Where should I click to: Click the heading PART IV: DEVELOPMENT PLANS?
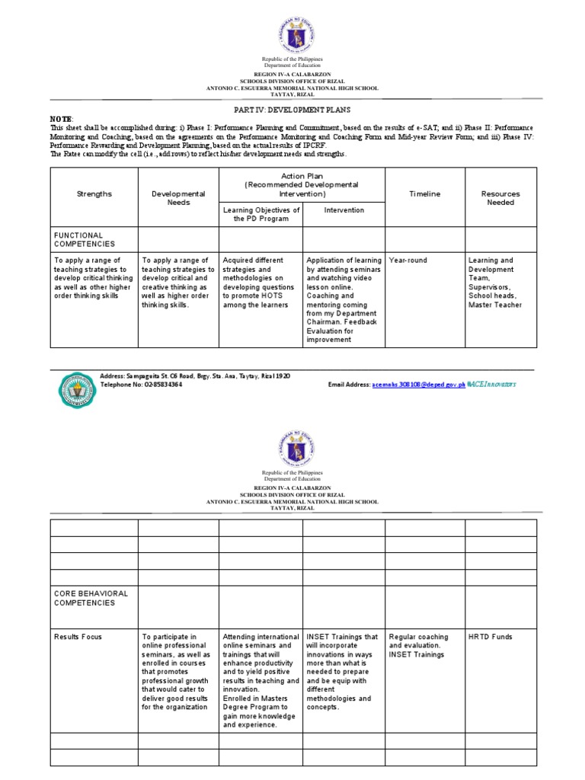(292, 110)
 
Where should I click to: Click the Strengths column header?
(94, 194)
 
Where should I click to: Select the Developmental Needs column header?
(178, 199)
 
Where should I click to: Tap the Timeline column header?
(424, 194)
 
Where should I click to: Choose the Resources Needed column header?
(500, 199)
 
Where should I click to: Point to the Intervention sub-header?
(344, 209)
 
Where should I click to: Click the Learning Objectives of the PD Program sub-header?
(261, 214)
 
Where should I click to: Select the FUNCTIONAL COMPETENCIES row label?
(84, 240)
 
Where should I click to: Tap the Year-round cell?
(408, 261)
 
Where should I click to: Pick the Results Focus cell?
(78, 637)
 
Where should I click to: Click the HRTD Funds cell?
(490, 637)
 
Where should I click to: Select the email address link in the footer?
(418, 385)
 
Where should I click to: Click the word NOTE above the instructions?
(62, 120)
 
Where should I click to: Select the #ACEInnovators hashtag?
(491, 385)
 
